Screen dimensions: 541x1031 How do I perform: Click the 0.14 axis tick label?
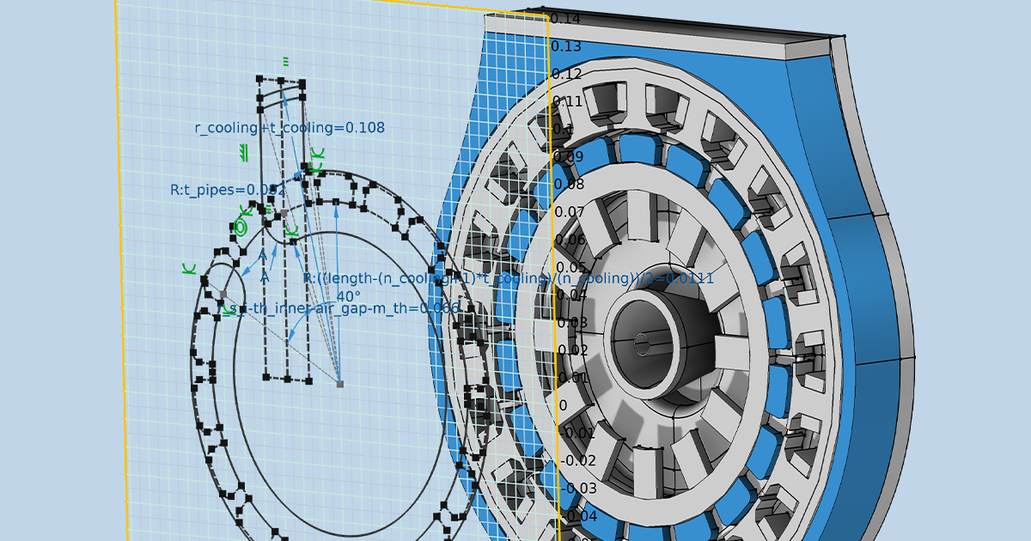(x=566, y=19)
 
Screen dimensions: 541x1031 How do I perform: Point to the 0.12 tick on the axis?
(x=566, y=74)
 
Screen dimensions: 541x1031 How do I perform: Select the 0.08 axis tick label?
(x=570, y=184)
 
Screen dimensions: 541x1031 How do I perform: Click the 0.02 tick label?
(x=573, y=350)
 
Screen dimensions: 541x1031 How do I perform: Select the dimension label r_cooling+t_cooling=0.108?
(x=290, y=128)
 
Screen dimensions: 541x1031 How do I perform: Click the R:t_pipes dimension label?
(x=227, y=190)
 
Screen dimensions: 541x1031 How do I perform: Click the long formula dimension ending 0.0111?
(x=508, y=279)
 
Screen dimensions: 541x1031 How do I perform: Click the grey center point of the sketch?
(x=340, y=384)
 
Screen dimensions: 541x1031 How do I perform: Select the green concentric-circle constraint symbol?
(x=240, y=228)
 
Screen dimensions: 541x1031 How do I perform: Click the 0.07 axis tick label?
(x=570, y=211)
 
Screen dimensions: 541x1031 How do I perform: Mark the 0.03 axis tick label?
(x=573, y=323)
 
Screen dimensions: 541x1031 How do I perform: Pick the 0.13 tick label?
(x=566, y=46)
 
